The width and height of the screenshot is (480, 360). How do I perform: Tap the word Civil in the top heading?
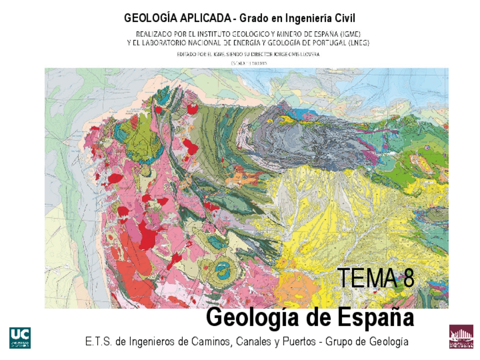pos(342,18)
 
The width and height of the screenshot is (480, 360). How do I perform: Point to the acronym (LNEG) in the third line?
pos(357,42)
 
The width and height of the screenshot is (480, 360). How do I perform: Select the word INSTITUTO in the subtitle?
pos(208,34)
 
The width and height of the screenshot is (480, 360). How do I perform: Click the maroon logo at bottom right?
pos(461,337)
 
